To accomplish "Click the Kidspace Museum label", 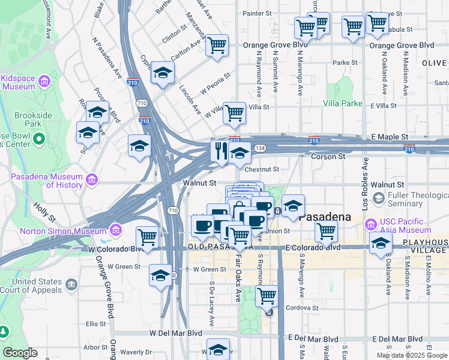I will [19, 82].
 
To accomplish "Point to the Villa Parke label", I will [343, 103].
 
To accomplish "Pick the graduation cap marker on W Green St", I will [160, 275].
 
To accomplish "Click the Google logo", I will [20, 353].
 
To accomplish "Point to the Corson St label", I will [329, 156].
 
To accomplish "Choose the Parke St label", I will [345, 62].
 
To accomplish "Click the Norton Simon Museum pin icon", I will [116, 230].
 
